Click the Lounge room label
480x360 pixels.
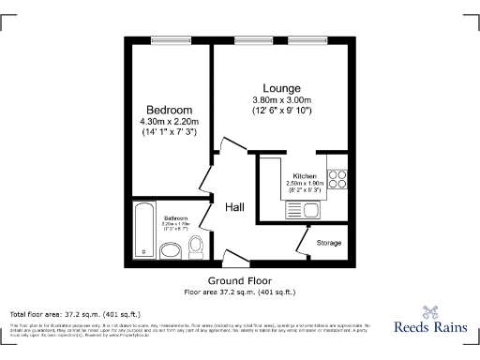tap(281, 87)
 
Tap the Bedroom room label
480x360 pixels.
tap(169, 110)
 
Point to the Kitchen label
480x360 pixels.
tap(304, 176)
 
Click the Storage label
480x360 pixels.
tap(329, 243)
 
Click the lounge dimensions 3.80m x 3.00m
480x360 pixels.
tap(281, 100)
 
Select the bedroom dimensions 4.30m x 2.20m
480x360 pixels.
tap(169, 122)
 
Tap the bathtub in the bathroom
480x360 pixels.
tap(142, 230)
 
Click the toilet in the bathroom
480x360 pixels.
tap(195, 247)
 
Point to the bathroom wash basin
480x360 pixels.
tap(171, 250)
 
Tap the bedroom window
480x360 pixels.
tap(169, 38)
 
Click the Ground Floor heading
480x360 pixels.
tap(240, 280)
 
